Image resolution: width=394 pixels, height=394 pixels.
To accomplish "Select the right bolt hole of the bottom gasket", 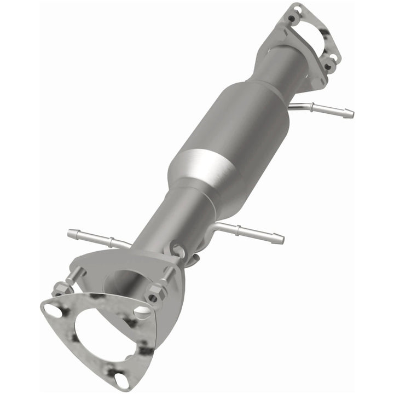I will [x=143, y=312].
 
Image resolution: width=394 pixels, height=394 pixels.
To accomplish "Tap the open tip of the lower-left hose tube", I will [x=71, y=233].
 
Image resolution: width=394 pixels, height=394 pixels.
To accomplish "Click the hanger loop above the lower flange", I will [x=177, y=251].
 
